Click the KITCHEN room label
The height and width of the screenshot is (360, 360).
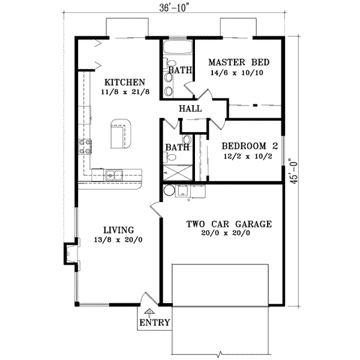click(123, 82)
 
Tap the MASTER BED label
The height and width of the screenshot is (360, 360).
click(238, 62)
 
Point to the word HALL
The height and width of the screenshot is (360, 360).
click(190, 109)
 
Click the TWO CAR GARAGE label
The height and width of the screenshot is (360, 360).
click(229, 224)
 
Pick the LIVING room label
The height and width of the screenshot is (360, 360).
click(118, 230)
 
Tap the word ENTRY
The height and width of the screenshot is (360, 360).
click(155, 322)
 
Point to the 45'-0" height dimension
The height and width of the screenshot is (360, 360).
click(292, 173)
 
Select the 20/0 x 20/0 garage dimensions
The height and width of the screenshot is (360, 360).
click(229, 235)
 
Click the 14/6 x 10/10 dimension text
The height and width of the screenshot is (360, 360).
click(238, 73)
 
